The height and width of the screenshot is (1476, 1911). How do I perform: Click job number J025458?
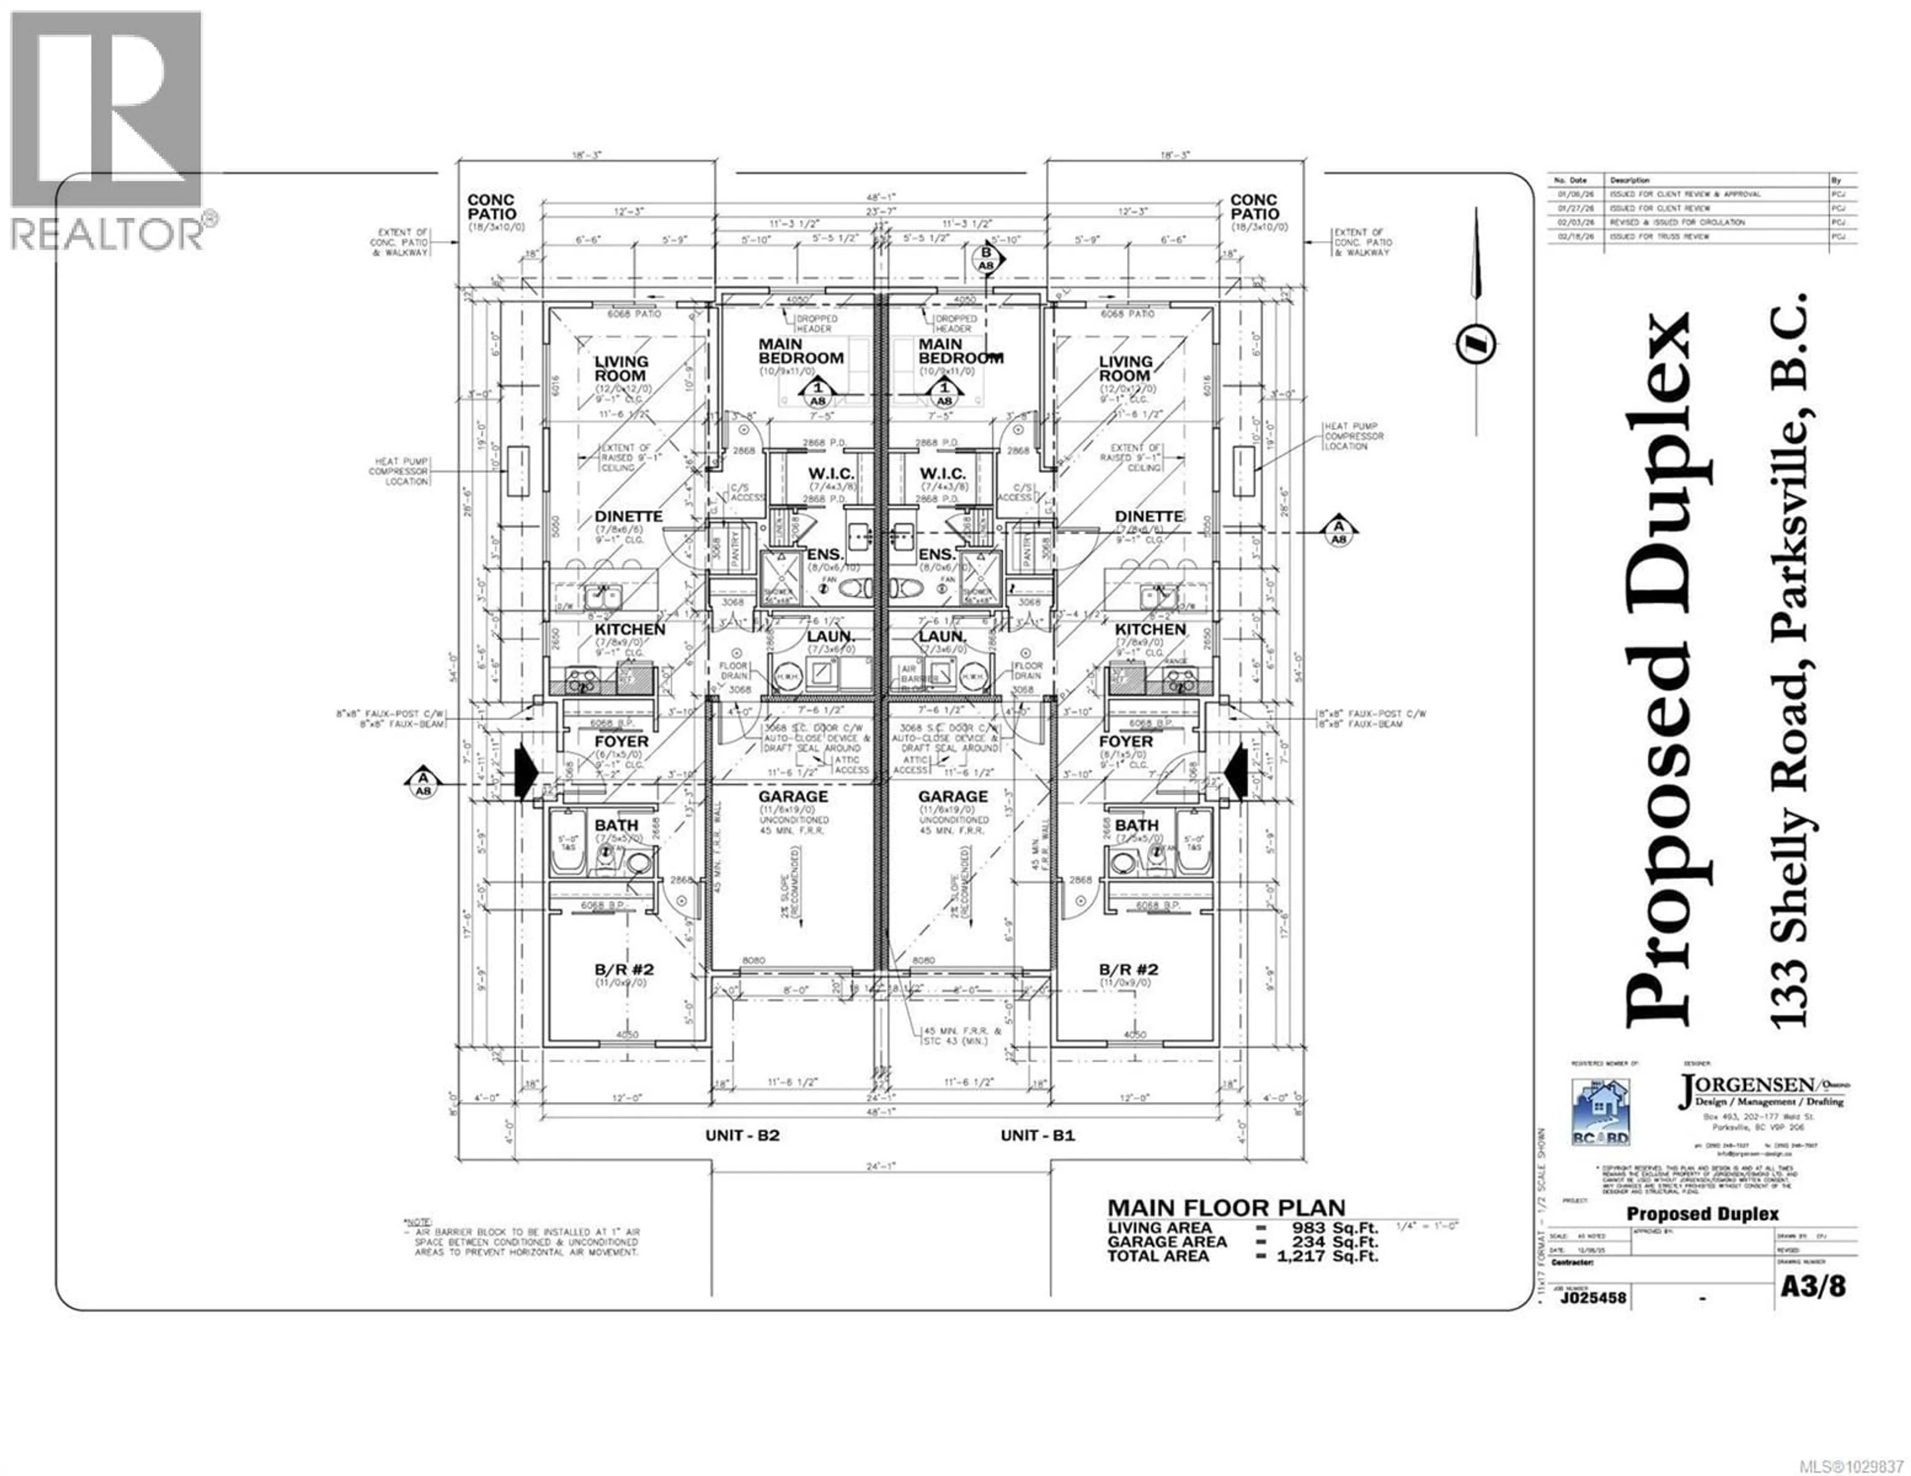tap(1593, 1297)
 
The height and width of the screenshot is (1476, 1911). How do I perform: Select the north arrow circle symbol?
tap(1475, 344)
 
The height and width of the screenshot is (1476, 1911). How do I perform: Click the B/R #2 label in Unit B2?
tap(625, 970)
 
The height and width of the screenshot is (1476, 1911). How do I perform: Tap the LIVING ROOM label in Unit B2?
tap(621, 368)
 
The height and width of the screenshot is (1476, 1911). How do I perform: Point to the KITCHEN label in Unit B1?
tap(1150, 629)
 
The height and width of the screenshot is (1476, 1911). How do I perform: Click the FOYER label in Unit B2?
tap(621, 741)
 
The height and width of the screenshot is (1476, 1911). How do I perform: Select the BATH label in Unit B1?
tap(1137, 825)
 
